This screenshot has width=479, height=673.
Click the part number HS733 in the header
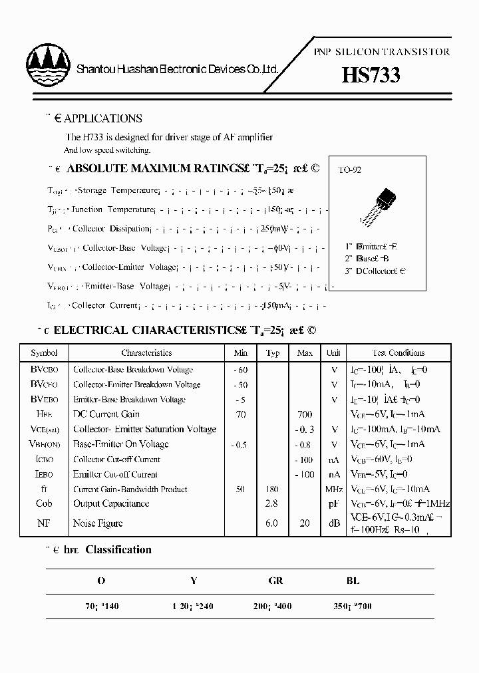click(x=371, y=74)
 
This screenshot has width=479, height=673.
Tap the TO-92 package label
click(x=349, y=170)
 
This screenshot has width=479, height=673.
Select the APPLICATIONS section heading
click(x=98, y=118)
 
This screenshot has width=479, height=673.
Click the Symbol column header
click(x=44, y=353)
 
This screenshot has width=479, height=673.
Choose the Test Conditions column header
click(x=399, y=353)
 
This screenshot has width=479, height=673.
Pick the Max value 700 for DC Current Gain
click(x=304, y=414)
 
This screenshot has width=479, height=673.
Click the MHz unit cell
click(x=333, y=489)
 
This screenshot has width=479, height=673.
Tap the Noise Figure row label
click(x=98, y=523)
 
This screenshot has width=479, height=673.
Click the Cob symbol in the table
click(x=44, y=504)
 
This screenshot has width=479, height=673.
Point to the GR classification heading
click(x=276, y=581)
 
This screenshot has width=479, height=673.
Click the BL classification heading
click(x=353, y=581)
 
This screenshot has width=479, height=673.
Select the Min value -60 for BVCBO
click(x=240, y=370)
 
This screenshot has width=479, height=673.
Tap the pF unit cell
click(x=333, y=504)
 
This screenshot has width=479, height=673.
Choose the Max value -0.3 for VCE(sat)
click(x=304, y=430)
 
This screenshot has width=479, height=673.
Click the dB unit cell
click(x=333, y=523)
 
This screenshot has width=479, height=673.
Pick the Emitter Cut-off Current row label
click(x=115, y=475)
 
